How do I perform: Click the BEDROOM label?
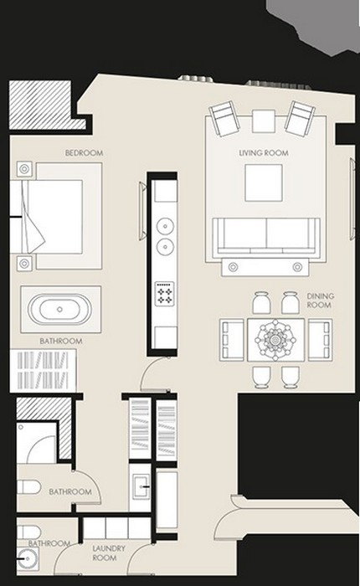[84, 153]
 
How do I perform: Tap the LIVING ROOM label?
[264, 153]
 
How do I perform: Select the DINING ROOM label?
[321, 301]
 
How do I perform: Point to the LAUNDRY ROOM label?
[108, 553]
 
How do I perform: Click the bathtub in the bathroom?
[59, 310]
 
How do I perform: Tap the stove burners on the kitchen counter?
[165, 294]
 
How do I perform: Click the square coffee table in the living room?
[264, 182]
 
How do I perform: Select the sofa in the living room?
[265, 238]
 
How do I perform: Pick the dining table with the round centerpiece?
[276, 340]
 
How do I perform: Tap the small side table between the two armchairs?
[264, 121]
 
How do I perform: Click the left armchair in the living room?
[225, 119]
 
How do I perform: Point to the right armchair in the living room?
[300, 117]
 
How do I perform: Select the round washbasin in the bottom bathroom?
[28, 558]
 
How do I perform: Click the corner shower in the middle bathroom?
[37, 443]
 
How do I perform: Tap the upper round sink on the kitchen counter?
[165, 226]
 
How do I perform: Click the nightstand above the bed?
[24, 169]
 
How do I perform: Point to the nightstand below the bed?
[24, 264]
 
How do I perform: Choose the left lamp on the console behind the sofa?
[234, 267]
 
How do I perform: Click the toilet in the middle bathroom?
[28, 487]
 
